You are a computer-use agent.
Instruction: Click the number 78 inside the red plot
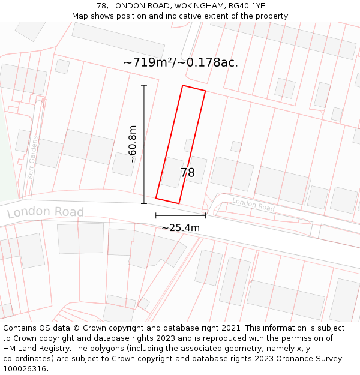coord(187,173)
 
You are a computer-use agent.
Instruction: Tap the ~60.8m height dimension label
coord(132,144)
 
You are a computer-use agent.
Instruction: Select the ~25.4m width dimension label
coord(181,227)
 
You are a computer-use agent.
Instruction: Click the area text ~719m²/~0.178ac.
coord(181,62)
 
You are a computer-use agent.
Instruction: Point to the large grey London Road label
coord(46,212)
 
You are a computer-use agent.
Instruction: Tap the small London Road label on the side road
coord(253,205)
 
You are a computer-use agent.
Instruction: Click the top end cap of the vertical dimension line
coord(144,86)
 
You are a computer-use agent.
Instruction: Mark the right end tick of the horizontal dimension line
coord(205,215)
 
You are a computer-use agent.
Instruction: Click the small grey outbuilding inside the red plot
coord(188,146)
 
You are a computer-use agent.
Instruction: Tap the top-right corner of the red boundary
coord(205,91)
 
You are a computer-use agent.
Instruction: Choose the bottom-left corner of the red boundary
coord(156,198)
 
